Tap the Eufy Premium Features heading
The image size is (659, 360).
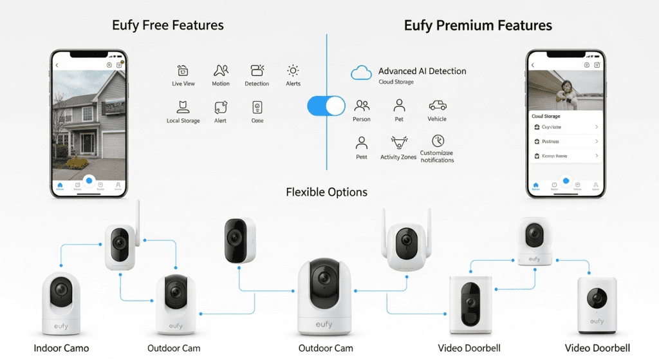tap(478, 26)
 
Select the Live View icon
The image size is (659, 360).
tap(183, 71)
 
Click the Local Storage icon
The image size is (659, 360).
tap(183, 107)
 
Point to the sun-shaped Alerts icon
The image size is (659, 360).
tap(293, 71)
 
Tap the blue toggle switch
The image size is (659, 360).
tap(326, 106)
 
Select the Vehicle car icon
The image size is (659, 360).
tap(437, 105)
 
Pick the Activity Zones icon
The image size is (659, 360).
tap(398, 142)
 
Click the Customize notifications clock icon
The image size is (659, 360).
tap(437, 141)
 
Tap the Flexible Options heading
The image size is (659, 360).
tap(326, 192)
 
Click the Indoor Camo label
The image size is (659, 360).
tap(61, 348)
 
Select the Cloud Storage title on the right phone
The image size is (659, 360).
tap(546, 117)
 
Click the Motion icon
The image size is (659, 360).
tap(221, 71)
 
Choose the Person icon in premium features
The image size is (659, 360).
tap(362, 105)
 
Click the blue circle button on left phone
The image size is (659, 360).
tap(89, 181)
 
